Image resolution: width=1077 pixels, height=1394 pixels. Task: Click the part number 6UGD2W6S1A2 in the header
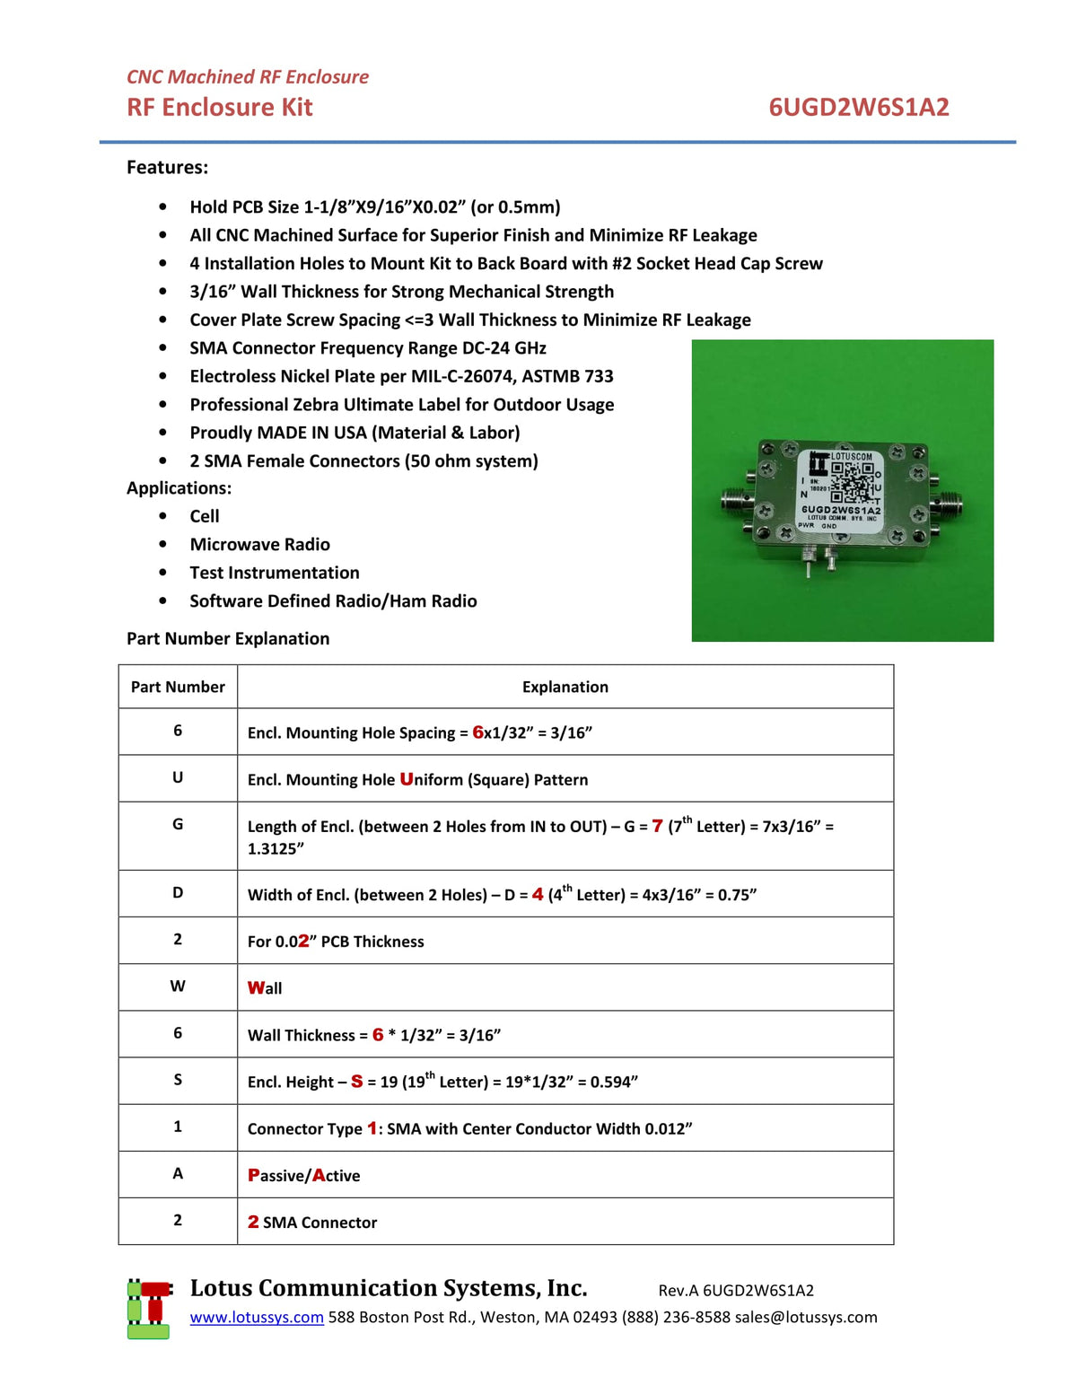pos(858,107)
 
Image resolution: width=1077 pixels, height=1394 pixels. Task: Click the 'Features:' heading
pos(167,167)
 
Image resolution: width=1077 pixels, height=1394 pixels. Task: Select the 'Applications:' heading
pos(179,487)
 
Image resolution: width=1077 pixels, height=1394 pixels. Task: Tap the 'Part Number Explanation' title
pos(228,638)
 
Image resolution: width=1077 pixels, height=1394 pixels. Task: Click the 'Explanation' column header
pos(565,687)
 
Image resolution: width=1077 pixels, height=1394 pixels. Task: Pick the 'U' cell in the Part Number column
pos(178,777)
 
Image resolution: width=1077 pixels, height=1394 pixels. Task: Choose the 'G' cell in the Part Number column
pos(178,824)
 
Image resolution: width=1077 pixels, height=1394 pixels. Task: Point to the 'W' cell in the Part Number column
pos(178,986)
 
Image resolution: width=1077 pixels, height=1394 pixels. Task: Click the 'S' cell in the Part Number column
pos(178,1080)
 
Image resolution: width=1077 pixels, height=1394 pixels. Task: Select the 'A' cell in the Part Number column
pos(178,1173)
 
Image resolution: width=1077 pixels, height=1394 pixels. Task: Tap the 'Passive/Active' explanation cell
pos(303,1175)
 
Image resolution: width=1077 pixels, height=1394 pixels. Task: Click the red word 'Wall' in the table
pos(265,987)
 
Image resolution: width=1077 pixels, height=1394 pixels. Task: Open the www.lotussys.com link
pos(257,1317)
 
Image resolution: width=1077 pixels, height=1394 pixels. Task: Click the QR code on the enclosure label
pos(851,483)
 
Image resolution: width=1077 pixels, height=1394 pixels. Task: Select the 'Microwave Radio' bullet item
pos(259,544)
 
